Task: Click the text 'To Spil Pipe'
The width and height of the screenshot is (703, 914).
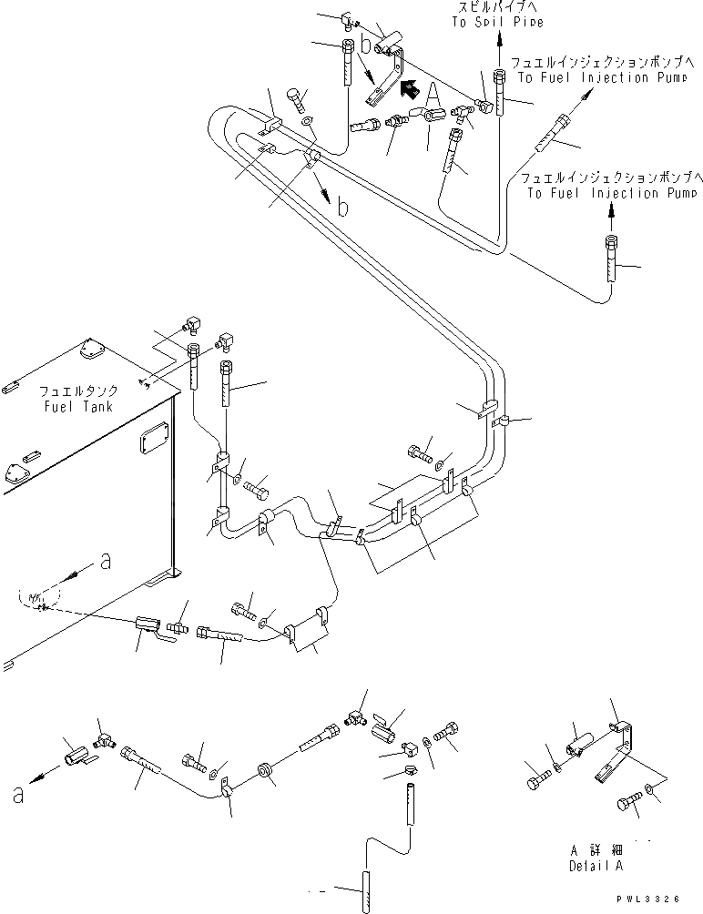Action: click(x=498, y=23)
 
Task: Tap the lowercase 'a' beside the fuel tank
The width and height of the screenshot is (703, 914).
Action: click(x=106, y=563)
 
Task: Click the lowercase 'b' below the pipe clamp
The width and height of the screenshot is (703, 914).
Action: click(x=342, y=208)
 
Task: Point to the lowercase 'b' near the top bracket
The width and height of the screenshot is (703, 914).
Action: click(x=365, y=42)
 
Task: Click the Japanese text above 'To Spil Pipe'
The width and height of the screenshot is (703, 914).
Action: click(x=498, y=8)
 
